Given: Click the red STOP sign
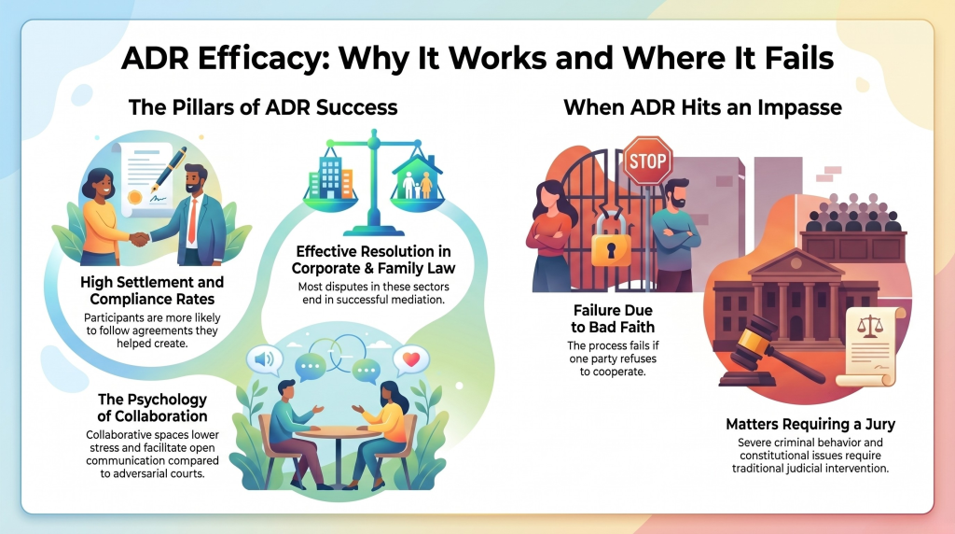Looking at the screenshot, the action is click(x=647, y=161).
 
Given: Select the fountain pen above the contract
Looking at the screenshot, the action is click(x=169, y=168).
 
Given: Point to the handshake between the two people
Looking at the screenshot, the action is click(x=141, y=239).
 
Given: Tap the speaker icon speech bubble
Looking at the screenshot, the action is click(x=264, y=359).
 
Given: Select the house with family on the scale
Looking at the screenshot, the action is click(x=418, y=176).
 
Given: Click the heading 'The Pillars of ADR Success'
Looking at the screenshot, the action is click(x=263, y=107).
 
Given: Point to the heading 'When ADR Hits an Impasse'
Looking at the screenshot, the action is click(x=702, y=107).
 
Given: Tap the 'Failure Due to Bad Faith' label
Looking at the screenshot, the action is click(x=613, y=319).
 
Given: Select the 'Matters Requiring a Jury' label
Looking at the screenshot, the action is click(x=810, y=424).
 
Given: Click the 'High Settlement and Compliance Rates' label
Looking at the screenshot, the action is click(x=152, y=290).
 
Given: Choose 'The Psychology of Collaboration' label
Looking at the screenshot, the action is click(x=152, y=407).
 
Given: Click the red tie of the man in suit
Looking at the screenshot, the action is click(x=192, y=220).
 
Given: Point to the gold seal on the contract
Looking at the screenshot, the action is click(x=134, y=197).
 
